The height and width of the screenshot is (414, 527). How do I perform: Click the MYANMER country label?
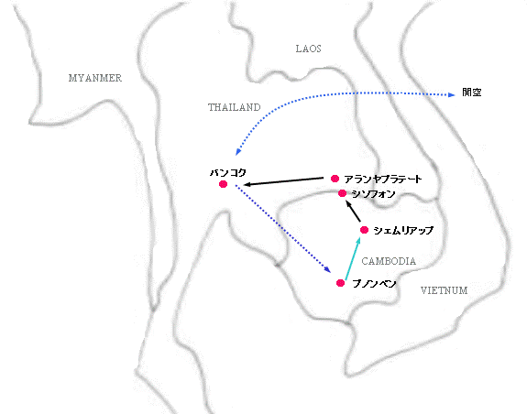pyautogui.click(x=95, y=78)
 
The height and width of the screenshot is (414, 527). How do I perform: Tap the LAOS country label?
pyautogui.click(x=308, y=49)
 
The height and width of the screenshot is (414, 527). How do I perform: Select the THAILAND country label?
pyautogui.click(x=235, y=107)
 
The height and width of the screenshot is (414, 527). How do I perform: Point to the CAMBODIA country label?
pyautogui.click(x=389, y=261)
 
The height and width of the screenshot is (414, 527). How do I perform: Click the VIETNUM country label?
pyautogui.click(x=444, y=290)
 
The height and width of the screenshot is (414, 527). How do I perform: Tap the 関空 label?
pyautogui.click(x=471, y=93)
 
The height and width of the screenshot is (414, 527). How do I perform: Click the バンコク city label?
pyautogui.click(x=228, y=172)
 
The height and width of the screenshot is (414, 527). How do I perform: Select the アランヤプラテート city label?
pyautogui.click(x=383, y=179)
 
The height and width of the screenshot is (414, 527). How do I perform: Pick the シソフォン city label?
pyautogui.click(x=373, y=194)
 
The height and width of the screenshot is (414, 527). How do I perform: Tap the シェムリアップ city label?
pyautogui.click(x=403, y=230)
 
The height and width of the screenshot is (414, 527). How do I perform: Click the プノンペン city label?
pyautogui.click(x=374, y=284)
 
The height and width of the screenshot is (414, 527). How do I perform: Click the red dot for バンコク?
pyautogui.click(x=223, y=184)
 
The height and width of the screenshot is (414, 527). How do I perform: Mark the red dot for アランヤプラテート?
pyautogui.click(x=335, y=179)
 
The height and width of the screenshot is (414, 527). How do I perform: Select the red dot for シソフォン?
pyautogui.click(x=342, y=193)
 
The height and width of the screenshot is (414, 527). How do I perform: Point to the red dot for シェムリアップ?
pyautogui.click(x=365, y=230)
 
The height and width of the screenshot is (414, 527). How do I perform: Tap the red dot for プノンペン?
pyautogui.click(x=340, y=283)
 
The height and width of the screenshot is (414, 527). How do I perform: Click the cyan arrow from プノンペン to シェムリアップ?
pyautogui.click(x=353, y=258)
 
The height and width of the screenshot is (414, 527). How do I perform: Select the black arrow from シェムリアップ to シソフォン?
pyautogui.click(x=353, y=211)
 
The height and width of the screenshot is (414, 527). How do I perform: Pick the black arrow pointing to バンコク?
pyautogui.click(x=283, y=181)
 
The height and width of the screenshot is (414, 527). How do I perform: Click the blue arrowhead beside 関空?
pyautogui.click(x=451, y=95)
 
